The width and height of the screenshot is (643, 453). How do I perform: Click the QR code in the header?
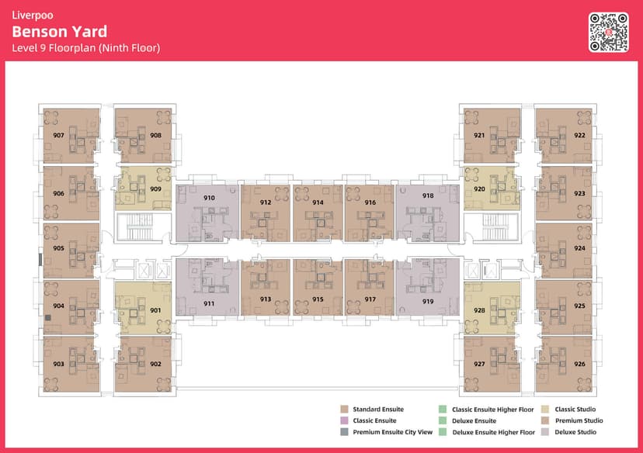pos(609,33)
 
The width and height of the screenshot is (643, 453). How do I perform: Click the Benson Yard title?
pos(60,32)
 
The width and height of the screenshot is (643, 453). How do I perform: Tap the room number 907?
pos(59,135)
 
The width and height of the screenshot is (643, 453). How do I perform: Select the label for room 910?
pos(209,198)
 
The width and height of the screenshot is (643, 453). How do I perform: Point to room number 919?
pos(428,302)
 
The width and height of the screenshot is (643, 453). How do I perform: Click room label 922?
pos(579,135)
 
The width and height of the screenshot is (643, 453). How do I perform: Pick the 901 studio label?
pos(155,310)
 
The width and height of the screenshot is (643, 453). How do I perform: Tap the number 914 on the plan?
pos(318,202)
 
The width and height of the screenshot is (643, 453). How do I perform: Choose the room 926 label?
pos(579,364)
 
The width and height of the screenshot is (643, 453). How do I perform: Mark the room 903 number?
pos(59,364)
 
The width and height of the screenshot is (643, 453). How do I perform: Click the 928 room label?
pos(479,310)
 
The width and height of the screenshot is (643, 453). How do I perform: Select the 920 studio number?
pos(479,188)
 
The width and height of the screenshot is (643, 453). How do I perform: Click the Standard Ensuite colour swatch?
pos(345,410)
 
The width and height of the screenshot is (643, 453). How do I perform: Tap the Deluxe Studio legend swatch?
pos(545,432)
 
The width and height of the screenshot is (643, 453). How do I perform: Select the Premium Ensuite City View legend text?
pos(392,432)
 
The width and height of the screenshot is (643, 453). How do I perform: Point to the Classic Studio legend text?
pos(575,410)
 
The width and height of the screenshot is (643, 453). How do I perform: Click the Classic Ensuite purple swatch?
pos(345,420)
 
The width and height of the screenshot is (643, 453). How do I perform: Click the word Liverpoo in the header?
pos(33,16)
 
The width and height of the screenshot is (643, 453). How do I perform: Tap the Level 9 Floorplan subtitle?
pos(86,48)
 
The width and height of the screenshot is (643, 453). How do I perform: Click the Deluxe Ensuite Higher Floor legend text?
pos(493,432)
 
